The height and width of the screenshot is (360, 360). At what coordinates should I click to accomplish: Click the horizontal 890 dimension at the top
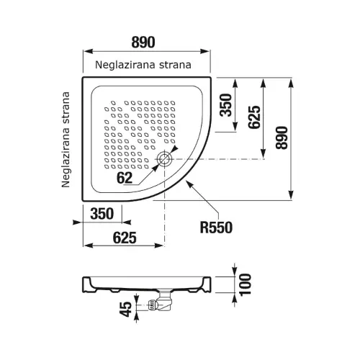pos(143,42)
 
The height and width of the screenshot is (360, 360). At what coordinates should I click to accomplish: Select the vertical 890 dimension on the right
pos(282,138)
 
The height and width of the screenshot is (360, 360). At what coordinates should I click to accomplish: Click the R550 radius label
pos(216,228)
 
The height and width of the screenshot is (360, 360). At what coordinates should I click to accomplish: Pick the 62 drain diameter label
pos(125,178)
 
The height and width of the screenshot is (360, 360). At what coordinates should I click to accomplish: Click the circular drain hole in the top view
pos(164,159)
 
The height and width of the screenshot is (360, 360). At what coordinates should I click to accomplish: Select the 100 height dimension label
pos(246,284)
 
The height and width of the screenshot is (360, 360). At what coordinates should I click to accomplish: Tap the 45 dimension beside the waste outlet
pos(126,309)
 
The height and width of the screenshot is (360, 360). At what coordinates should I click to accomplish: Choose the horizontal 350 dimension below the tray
pos(102,214)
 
